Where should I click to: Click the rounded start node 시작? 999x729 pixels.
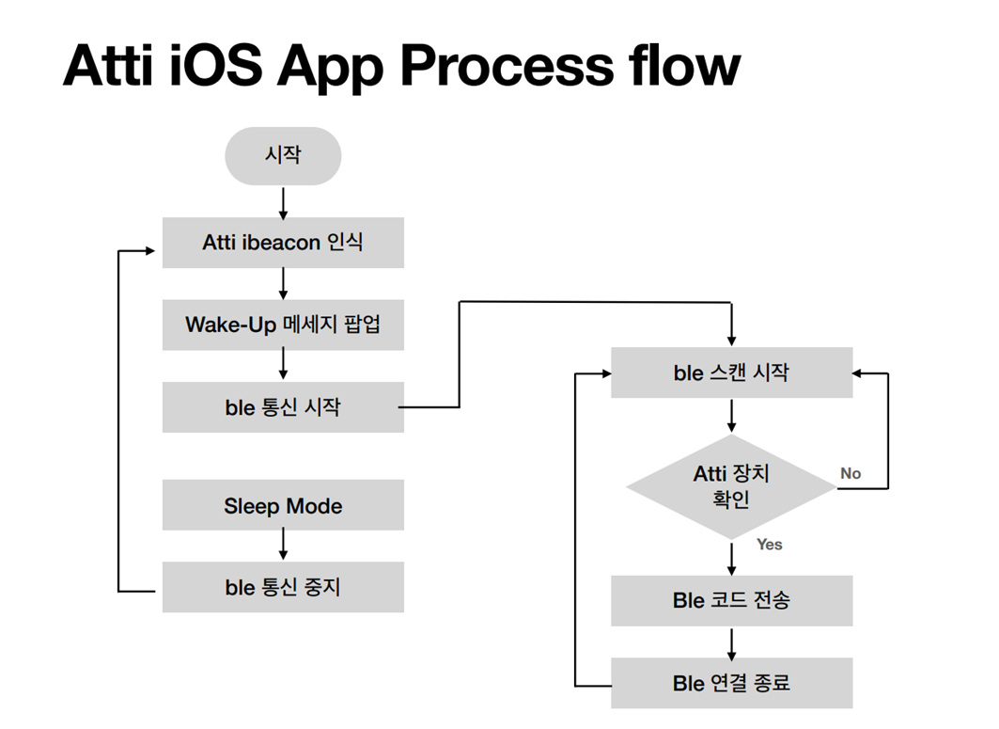(x=283, y=155)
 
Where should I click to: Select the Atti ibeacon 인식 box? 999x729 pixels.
(x=283, y=243)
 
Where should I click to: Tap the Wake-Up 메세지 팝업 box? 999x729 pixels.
(x=283, y=325)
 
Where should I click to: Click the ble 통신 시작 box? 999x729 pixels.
(x=283, y=407)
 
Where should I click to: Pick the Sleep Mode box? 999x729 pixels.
(x=283, y=505)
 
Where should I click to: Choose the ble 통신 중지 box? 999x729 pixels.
(x=283, y=587)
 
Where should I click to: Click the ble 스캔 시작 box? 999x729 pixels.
(x=731, y=372)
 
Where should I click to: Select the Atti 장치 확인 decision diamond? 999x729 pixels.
(x=731, y=487)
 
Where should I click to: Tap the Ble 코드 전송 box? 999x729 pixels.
(x=731, y=601)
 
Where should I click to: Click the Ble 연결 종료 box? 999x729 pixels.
(x=731, y=683)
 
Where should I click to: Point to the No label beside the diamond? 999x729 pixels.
(x=851, y=473)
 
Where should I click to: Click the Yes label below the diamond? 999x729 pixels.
(x=770, y=544)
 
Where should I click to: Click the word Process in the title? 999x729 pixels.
(x=507, y=66)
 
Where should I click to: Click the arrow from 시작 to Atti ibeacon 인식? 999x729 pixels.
(x=283, y=203)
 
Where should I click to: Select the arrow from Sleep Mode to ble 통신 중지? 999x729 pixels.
(x=283, y=545)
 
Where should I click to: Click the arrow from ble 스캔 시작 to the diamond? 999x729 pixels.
(x=731, y=416)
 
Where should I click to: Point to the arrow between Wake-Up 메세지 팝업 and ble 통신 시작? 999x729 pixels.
(x=283, y=365)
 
